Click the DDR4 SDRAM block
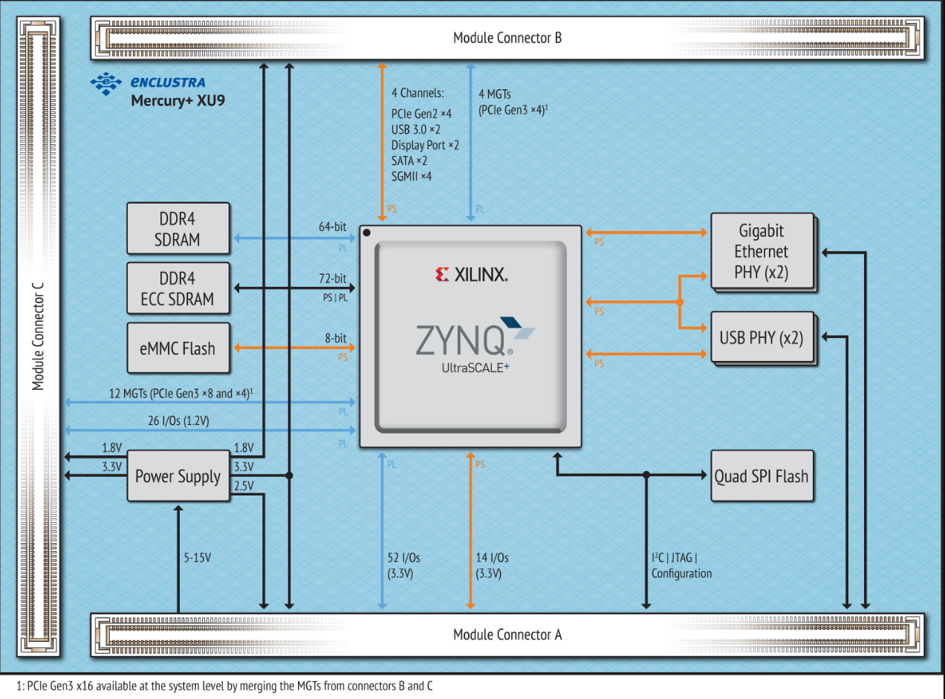(178, 230)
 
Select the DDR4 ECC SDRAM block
(178, 289)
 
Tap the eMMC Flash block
(178, 348)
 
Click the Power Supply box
(178, 476)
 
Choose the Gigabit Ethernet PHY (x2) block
(761, 252)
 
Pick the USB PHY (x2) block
(761, 337)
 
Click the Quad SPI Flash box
(761, 476)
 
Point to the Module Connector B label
(507, 38)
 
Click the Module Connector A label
(507, 634)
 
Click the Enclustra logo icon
(105, 83)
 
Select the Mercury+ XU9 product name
(178, 100)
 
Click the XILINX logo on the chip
(471, 276)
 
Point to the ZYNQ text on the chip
(460, 340)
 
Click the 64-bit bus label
(332, 227)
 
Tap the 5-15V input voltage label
(198, 557)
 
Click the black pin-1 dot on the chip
(367, 233)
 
